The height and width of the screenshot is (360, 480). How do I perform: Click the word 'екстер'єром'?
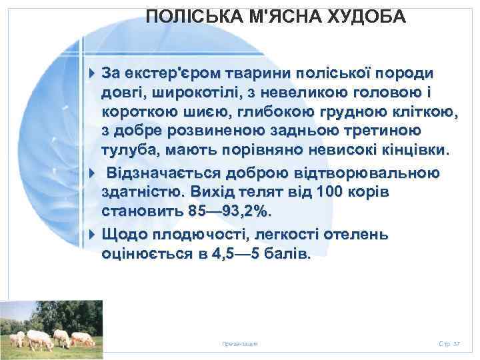pyautogui.click(x=171, y=72)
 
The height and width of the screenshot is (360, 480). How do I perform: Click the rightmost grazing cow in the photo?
pyautogui.click(x=83, y=338)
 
